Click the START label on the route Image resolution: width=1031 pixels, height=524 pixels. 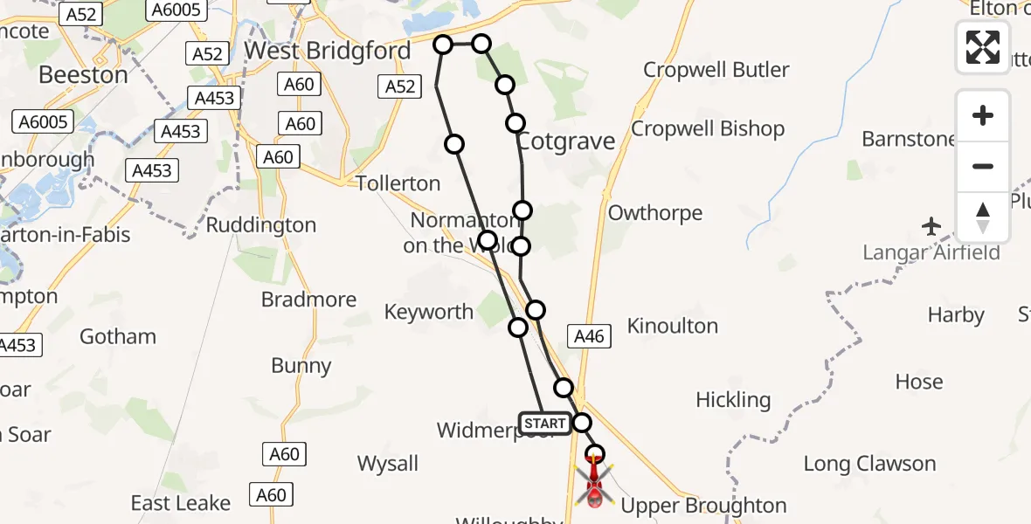point(544,424)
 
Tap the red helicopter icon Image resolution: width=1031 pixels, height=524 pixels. point(594,484)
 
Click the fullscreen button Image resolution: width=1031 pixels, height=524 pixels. point(982,47)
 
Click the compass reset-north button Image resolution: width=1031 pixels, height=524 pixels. point(982,217)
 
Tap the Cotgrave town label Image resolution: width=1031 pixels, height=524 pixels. point(567,141)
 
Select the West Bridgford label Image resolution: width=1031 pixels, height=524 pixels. point(327,51)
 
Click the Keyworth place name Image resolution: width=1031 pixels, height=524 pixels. point(428,312)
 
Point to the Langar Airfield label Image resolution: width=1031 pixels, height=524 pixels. point(931,252)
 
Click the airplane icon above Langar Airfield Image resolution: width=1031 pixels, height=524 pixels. point(931,227)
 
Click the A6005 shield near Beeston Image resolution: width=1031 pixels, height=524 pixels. point(42,121)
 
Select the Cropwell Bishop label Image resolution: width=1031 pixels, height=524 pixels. point(708,129)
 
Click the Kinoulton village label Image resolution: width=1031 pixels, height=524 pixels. point(672,327)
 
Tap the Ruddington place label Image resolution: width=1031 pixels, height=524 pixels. point(260,225)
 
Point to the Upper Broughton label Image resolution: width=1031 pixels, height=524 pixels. point(703,506)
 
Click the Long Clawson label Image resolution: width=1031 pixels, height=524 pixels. point(868,464)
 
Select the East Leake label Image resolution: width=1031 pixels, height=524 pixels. point(180,503)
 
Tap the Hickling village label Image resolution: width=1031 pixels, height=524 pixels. point(732,400)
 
